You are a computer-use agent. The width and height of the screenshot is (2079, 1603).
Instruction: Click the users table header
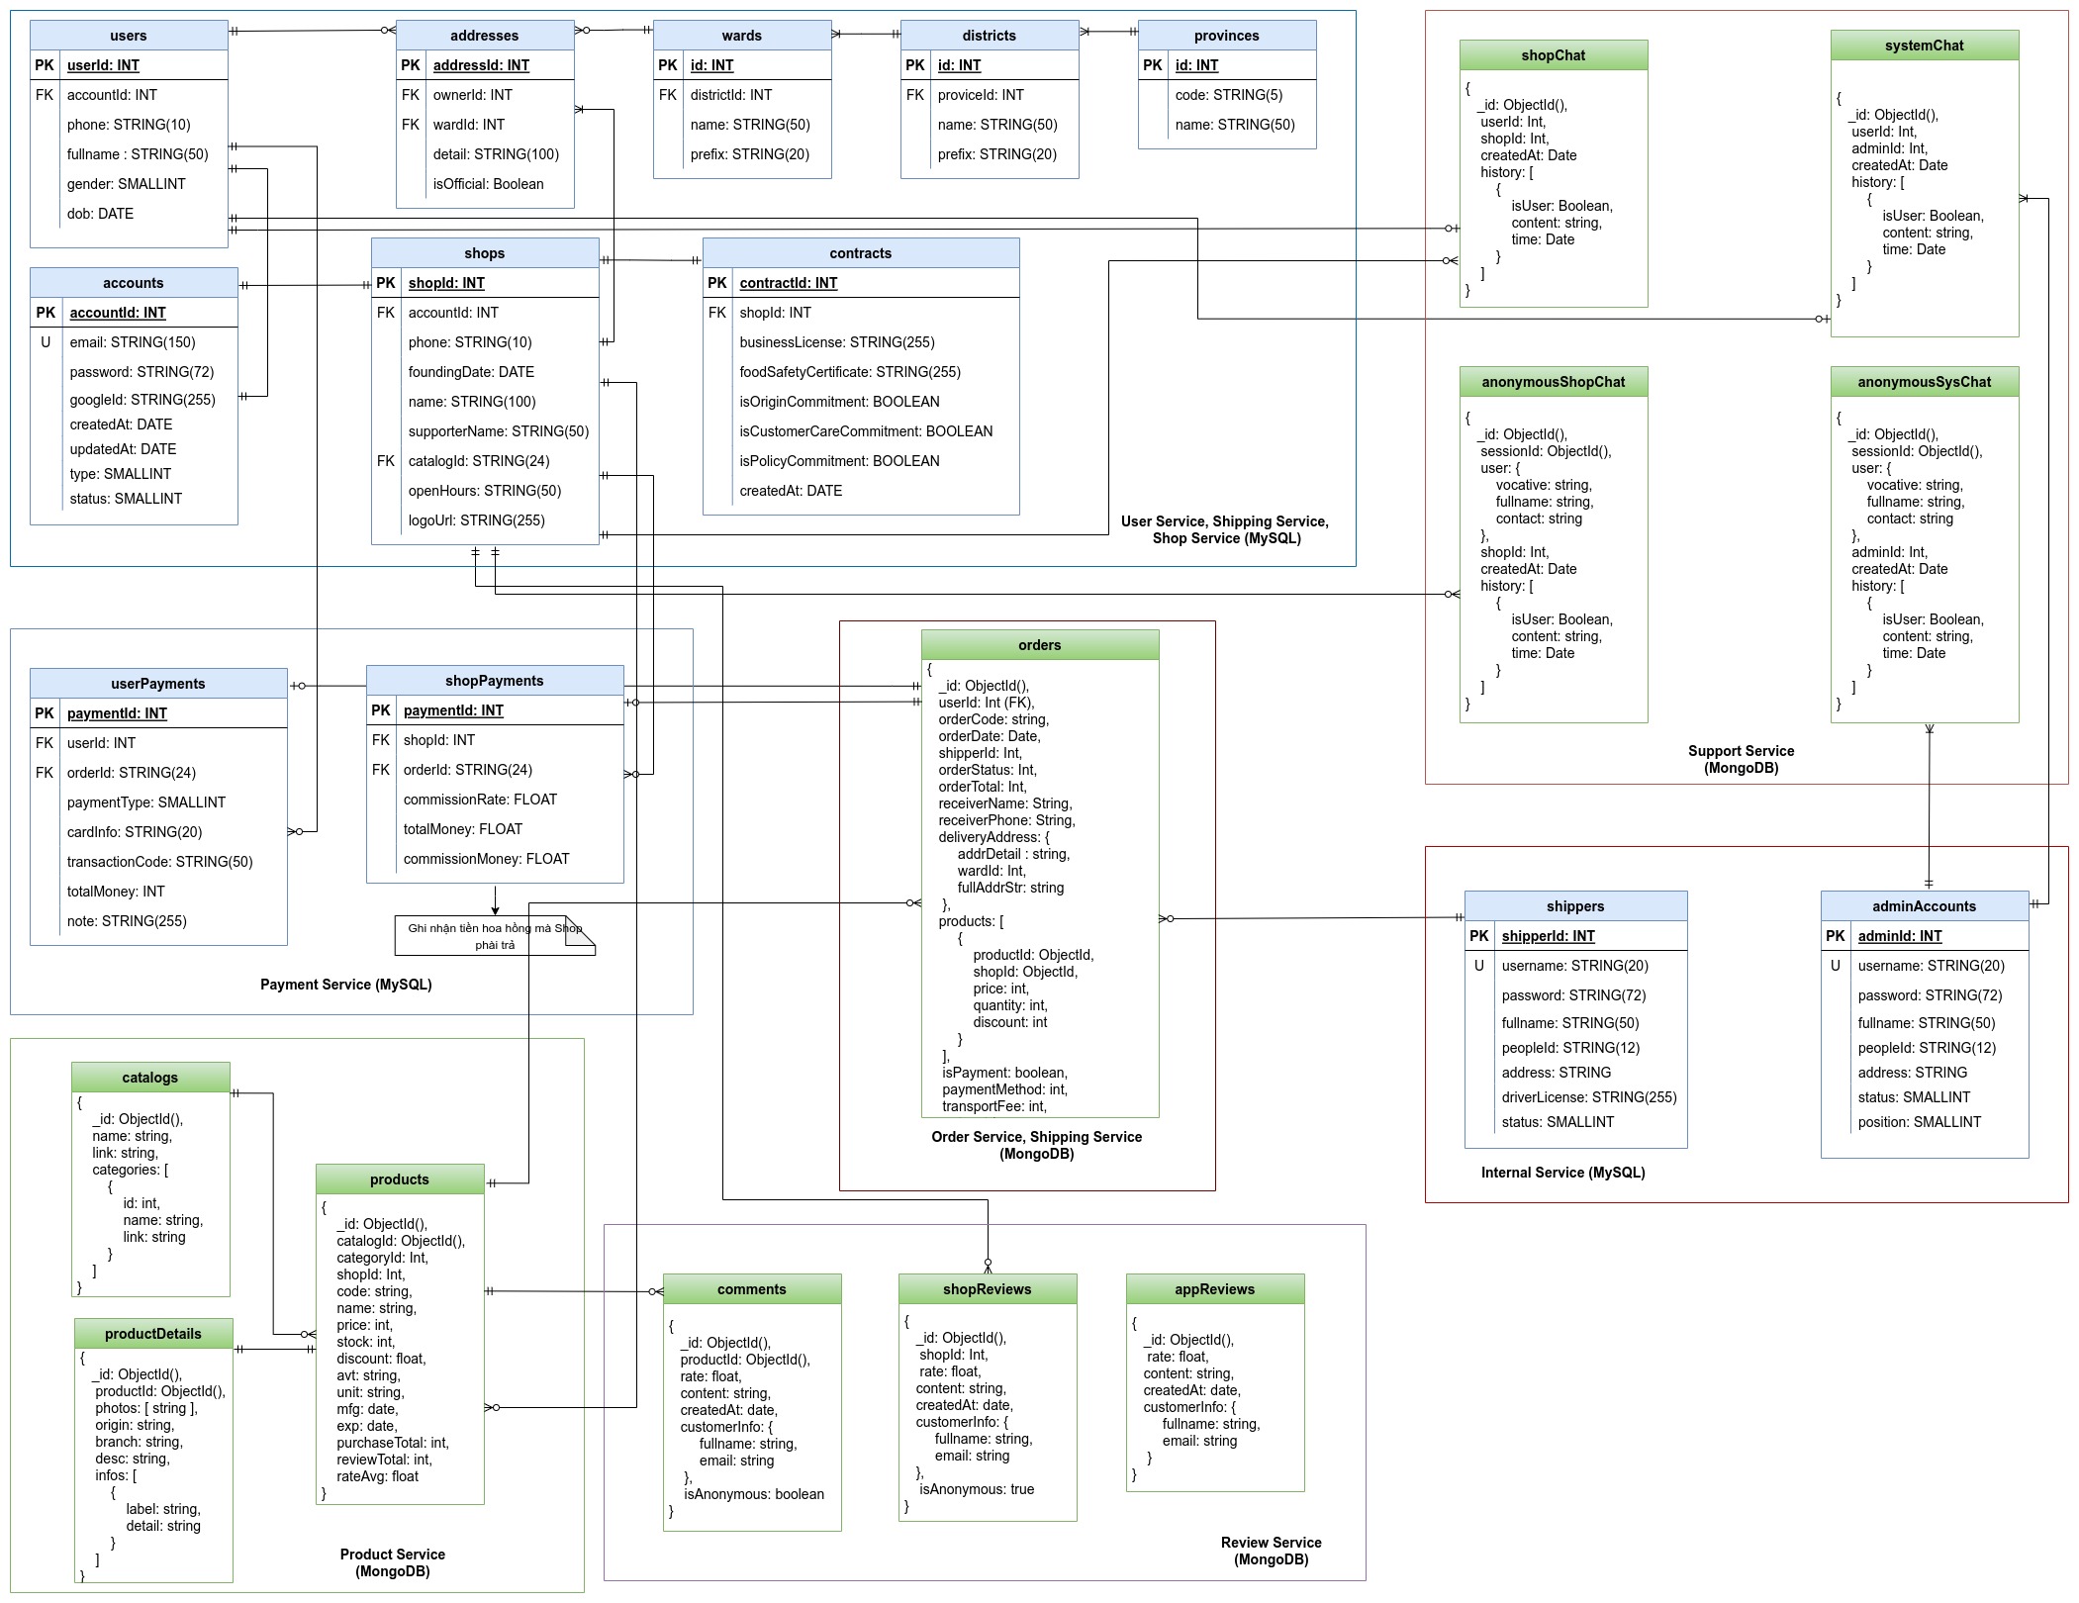(x=129, y=36)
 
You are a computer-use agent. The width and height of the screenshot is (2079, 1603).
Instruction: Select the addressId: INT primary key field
(x=481, y=65)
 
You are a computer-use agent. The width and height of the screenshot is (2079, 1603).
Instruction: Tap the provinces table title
(x=1227, y=36)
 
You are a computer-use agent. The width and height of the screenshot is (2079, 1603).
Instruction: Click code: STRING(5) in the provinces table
(x=1229, y=95)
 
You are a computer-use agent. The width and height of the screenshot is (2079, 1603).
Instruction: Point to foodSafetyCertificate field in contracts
(x=850, y=372)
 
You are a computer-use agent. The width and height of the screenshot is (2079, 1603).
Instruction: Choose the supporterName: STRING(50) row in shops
(x=499, y=431)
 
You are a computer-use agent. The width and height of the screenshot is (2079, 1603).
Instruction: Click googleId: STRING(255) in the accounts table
(x=142, y=400)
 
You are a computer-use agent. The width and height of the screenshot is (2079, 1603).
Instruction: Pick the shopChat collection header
(x=1554, y=55)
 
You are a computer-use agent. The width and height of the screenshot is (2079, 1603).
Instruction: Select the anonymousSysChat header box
(x=1925, y=382)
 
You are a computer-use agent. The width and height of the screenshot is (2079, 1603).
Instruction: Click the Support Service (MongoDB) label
(x=1742, y=759)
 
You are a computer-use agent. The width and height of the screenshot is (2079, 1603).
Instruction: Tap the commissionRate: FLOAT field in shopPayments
(x=480, y=800)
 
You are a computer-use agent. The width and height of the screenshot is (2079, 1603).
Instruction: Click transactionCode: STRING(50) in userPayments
(x=160, y=862)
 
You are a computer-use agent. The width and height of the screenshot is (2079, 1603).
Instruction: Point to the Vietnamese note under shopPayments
(x=495, y=936)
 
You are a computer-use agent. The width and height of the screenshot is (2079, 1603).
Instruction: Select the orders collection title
(x=1040, y=645)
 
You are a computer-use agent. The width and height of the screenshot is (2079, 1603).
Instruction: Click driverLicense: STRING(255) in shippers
(x=1589, y=1097)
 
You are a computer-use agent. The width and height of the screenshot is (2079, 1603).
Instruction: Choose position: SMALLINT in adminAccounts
(x=1920, y=1122)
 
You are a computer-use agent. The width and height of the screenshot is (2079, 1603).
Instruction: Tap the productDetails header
(x=153, y=1334)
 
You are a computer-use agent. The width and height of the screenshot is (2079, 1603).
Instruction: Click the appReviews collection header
(x=1215, y=1289)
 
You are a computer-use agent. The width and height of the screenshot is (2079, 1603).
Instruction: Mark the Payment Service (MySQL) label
(x=346, y=985)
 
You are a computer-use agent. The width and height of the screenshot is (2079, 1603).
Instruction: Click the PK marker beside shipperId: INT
(x=1479, y=936)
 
